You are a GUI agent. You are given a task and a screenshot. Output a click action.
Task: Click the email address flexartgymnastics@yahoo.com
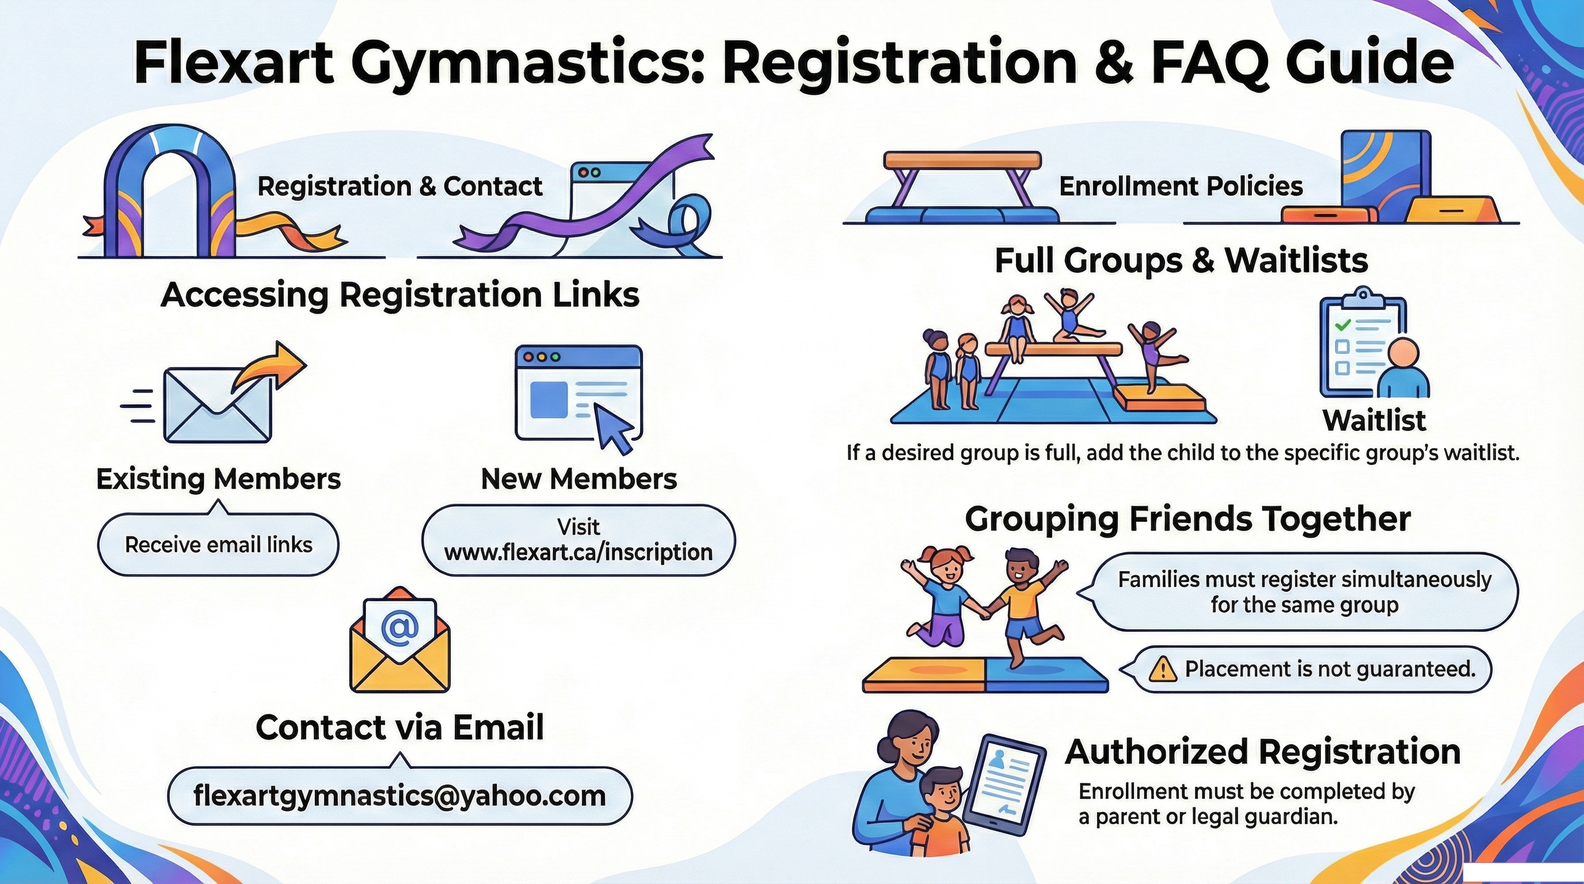pyautogui.click(x=399, y=795)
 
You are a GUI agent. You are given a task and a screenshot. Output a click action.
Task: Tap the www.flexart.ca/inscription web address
pyautogui.click(x=578, y=552)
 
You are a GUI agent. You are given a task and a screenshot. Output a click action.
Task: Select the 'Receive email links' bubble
pyautogui.click(x=218, y=544)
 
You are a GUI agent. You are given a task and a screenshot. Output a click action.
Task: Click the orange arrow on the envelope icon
pyautogui.click(x=271, y=367)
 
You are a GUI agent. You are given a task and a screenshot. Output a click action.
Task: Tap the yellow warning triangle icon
pyautogui.click(x=1162, y=669)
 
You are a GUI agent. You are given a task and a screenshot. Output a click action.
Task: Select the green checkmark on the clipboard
pyautogui.click(x=1343, y=325)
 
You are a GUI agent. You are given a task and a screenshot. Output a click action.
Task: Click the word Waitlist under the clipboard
pyautogui.click(x=1374, y=421)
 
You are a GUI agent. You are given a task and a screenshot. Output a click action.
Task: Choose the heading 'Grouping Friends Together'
pyautogui.click(x=1187, y=520)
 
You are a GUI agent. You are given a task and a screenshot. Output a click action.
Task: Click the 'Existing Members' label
pyautogui.click(x=218, y=479)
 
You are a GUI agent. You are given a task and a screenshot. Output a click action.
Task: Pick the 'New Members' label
pyautogui.click(x=578, y=479)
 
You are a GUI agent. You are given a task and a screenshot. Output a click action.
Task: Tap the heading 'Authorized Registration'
pyautogui.click(x=1262, y=752)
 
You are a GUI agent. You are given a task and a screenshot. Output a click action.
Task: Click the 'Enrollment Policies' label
pyautogui.click(x=1181, y=186)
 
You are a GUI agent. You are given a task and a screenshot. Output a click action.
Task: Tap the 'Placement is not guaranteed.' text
pyautogui.click(x=1330, y=669)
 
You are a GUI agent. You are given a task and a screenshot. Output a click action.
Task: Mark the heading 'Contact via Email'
pyautogui.click(x=399, y=727)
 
